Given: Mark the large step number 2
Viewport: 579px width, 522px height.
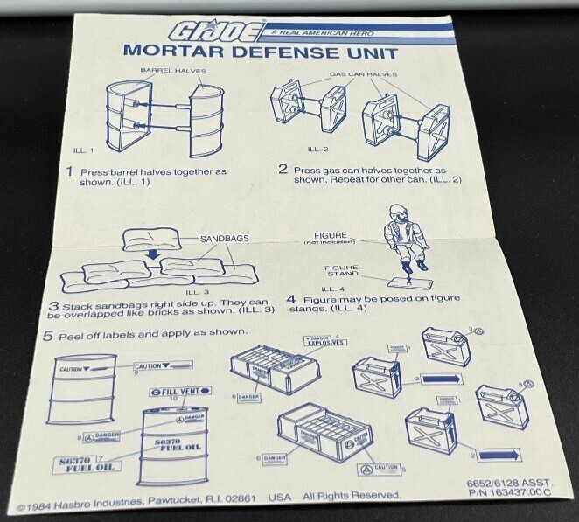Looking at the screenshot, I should point(283,169).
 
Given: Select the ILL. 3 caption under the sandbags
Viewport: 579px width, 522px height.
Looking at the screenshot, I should point(196,291).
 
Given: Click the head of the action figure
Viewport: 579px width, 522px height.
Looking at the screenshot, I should point(396,212).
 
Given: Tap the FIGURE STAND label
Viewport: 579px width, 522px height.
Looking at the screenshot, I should point(343,273).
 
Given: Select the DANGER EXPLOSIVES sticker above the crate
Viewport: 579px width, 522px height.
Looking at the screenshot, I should point(324,340).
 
